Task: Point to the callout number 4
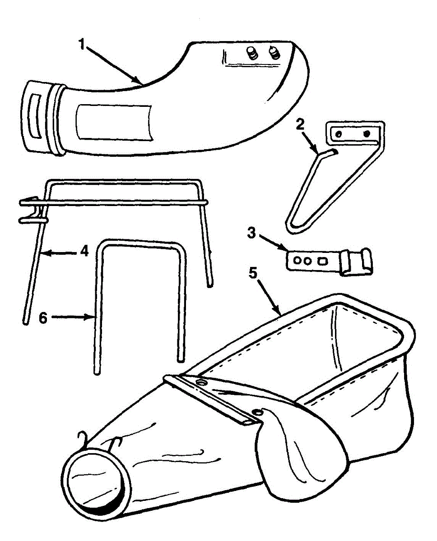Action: pos(84,251)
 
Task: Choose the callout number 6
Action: pos(43,317)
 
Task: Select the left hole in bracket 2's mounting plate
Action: pos(336,133)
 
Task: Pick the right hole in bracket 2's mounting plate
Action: pos(366,133)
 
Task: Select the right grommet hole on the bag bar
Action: pos(257,411)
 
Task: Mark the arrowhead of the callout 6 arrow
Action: pos(92,317)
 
